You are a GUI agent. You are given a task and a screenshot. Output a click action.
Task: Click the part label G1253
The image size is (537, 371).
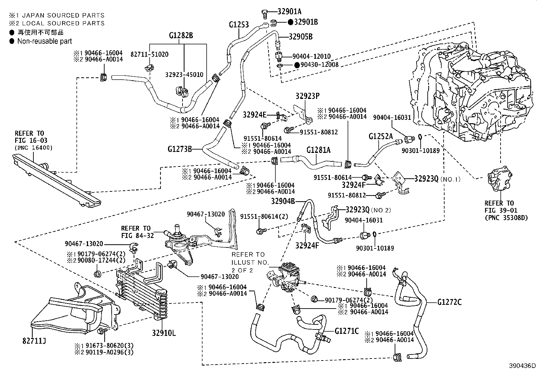pos(238,25)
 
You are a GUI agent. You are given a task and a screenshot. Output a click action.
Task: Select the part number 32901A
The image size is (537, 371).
pos(289,11)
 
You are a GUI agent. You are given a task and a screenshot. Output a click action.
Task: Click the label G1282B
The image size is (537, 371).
pos(181,35)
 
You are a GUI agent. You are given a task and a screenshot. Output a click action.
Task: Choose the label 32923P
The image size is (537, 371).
pos(307,96)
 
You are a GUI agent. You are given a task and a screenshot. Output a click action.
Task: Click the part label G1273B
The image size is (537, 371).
pos(179,148)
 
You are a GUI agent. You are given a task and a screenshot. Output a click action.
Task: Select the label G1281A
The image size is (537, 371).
pos(318,150)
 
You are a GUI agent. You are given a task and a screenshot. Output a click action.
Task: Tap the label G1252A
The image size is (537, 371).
pos(380,136)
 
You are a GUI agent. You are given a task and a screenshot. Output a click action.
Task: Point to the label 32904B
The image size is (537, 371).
pos(283,201)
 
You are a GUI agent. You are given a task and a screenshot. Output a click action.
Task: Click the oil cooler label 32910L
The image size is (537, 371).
pos(164,334)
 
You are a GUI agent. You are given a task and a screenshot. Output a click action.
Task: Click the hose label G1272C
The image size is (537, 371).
pos(449,302)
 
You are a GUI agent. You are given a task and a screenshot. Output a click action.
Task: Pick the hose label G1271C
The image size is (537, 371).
pos(346,331)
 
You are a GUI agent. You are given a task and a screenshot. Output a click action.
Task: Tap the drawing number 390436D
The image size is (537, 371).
pos(522,366)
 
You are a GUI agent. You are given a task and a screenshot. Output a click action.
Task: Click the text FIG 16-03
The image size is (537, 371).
pos(31,140)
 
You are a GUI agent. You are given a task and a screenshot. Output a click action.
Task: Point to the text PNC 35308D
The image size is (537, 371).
pos(506,217)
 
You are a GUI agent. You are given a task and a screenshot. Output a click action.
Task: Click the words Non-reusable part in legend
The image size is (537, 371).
pos(45,41)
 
